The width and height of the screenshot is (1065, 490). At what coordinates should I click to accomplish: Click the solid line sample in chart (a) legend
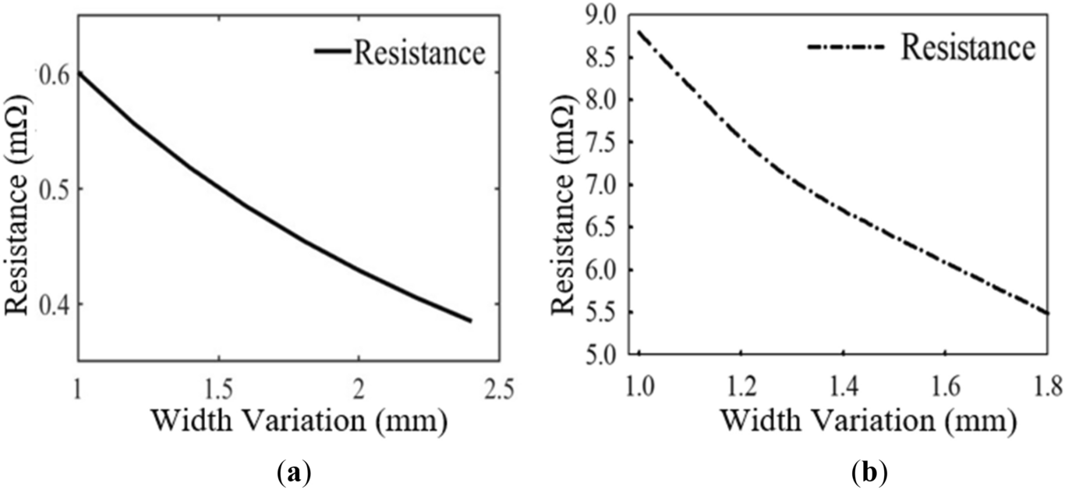pyautogui.click(x=331, y=52)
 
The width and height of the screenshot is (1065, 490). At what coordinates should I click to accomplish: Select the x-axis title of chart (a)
pyautogui.click(x=299, y=421)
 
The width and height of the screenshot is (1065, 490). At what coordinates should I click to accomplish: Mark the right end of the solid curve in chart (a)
pyautogui.click(x=471, y=321)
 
